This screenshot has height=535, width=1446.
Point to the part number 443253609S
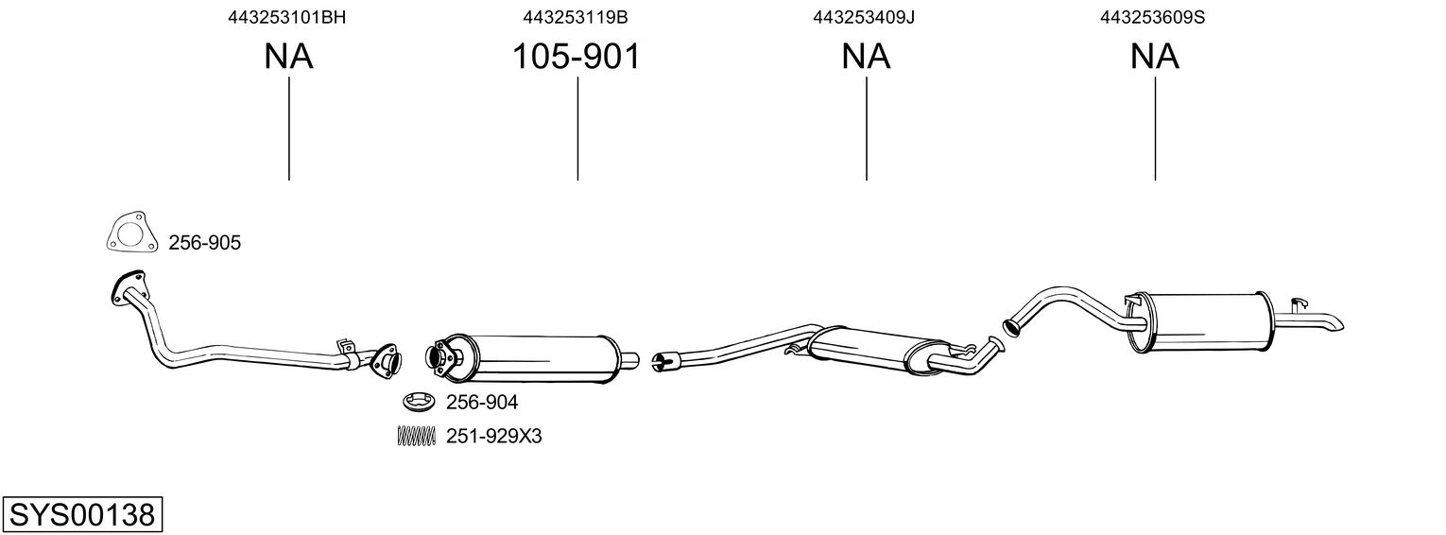[1152, 17]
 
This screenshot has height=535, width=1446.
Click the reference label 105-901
[576, 57]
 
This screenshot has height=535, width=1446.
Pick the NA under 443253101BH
[288, 57]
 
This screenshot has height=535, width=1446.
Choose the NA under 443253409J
[866, 57]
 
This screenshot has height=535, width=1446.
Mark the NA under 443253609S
[1154, 57]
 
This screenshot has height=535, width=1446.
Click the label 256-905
[204, 244]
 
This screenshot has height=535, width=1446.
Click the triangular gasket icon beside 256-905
[129, 233]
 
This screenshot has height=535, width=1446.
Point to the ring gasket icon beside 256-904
[418, 403]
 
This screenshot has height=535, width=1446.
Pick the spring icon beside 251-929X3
[416, 436]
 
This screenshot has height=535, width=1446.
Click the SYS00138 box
[81, 515]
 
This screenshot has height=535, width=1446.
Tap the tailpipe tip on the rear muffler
[1331, 323]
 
